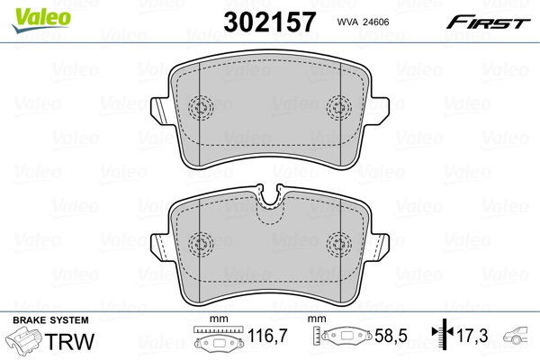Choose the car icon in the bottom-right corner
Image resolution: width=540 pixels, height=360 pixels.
[519, 337]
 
